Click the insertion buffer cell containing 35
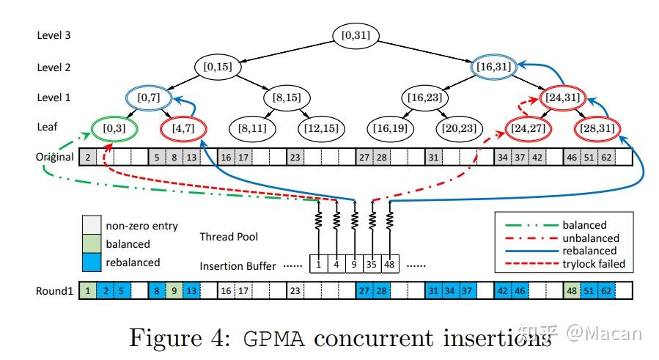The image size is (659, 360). pos(372,264)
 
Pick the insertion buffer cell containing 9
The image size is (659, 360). pos(355,264)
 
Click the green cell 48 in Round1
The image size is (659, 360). pos(571,291)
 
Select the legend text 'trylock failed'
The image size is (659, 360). pos(592,264)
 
